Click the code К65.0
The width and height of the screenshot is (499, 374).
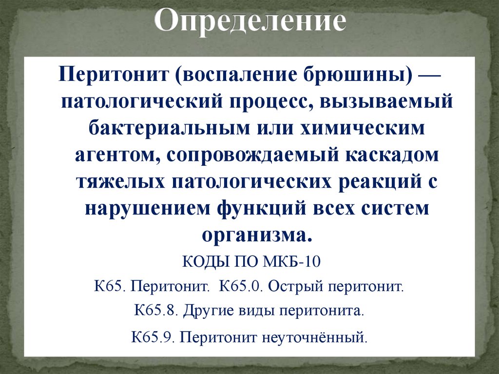pos(241,285)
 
